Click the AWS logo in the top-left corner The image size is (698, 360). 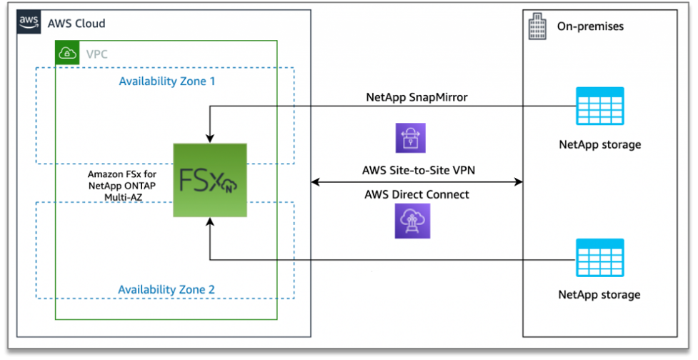[x=29, y=23]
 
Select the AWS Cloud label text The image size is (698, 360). [x=76, y=24]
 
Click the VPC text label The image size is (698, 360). [x=98, y=54]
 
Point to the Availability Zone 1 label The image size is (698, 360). [x=166, y=81]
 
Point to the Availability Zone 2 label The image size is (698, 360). [x=166, y=289]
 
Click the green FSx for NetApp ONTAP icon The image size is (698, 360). [x=210, y=180]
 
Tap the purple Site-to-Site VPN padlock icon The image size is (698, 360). [x=410, y=137]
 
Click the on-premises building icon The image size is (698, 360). [x=536, y=28]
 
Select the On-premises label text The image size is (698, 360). [x=590, y=26]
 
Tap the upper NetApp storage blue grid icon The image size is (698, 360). [x=600, y=107]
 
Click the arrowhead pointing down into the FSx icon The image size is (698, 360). [x=209, y=137]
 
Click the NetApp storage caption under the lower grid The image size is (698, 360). [x=600, y=294]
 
